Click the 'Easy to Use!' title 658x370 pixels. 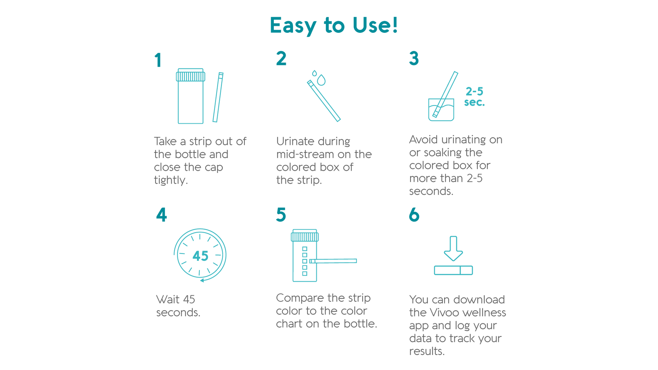pos(334,25)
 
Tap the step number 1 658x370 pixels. pos(158,61)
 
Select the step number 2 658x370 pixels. pos(281,59)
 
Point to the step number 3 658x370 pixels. pos(414,59)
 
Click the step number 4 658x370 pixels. pos(161,215)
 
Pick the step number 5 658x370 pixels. pos(281,215)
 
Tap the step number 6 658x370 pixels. pos(414,215)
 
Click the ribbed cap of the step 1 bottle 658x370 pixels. pos(191,76)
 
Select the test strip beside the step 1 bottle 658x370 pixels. pos(218,97)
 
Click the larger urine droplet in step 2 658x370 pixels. pos(321,80)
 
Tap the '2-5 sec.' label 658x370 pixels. pos(474,97)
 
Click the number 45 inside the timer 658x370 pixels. pos(200,256)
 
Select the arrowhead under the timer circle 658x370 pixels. pos(202,280)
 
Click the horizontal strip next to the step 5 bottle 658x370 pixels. pos(333,261)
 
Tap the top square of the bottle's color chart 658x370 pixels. pos(305,249)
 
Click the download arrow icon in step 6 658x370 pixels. pos(453,248)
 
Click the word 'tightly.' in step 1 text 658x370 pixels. pos(171,180)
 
